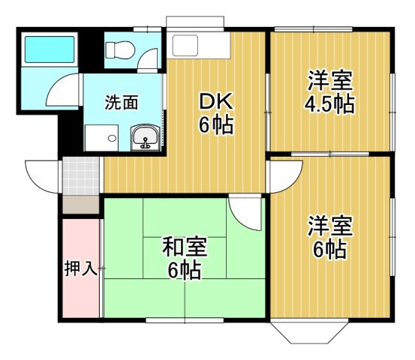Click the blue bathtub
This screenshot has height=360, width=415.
49,49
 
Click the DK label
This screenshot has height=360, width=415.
215,101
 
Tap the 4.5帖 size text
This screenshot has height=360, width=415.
329,103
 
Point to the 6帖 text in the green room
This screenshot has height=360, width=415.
184,269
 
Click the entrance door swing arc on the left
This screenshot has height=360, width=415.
43,176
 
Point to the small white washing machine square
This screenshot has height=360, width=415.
101,138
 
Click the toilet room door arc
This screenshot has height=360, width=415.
150,60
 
